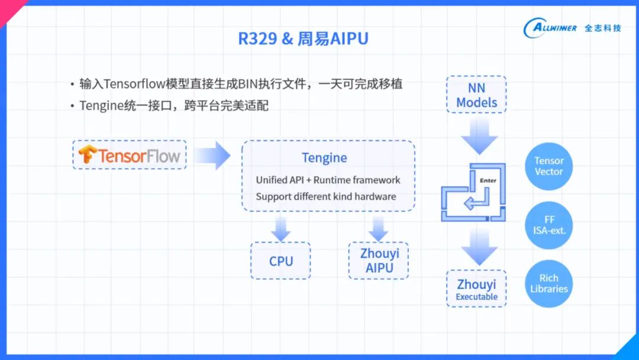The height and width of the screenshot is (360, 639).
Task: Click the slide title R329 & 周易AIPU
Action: pyautogui.click(x=303, y=39)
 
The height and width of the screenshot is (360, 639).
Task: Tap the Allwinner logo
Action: pyautogui.click(x=572, y=28)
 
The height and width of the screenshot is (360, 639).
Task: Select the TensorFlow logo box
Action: pyautogui.click(x=130, y=155)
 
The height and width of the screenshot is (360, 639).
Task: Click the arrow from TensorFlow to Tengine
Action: pyautogui.click(x=212, y=155)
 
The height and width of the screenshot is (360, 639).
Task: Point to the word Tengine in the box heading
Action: pyautogui.click(x=324, y=158)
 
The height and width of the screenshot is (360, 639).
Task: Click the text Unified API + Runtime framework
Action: pyautogui.click(x=328, y=180)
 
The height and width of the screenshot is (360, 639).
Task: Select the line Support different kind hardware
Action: pyautogui.click(x=325, y=197)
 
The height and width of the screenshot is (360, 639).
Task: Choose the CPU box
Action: pyautogui.click(x=281, y=261)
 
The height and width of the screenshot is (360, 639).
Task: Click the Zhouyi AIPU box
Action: pyautogui.click(x=379, y=261)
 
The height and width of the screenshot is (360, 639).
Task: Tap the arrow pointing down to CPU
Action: pyautogui.click(x=281, y=228)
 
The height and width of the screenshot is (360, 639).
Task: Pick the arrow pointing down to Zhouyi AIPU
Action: pyautogui.click(x=377, y=228)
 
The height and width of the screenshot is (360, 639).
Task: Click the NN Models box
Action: pyautogui.click(x=477, y=95)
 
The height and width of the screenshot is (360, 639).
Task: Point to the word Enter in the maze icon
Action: pyautogui.click(x=488, y=180)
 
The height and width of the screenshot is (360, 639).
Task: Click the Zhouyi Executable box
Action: pyautogui.click(x=477, y=289)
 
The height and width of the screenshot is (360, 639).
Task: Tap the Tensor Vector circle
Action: pyautogui.click(x=548, y=166)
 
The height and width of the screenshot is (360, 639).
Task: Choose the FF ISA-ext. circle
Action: pyautogui.click(x=548, y=225)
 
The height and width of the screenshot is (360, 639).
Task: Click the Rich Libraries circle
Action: pyautogui.click(x=548, y=284)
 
